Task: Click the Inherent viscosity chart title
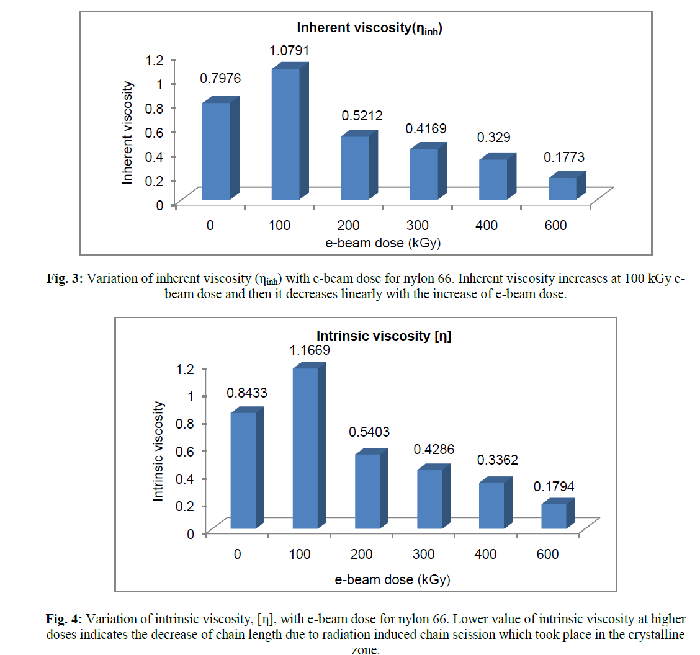pos(369,29)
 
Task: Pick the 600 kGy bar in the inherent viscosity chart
pos(562,189)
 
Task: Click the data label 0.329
pos(493,137)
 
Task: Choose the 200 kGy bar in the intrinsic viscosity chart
pos(367,491)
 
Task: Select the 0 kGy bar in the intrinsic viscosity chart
pos(243,471)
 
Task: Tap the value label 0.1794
pos(554,488)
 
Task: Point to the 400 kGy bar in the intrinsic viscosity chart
pos(491,506)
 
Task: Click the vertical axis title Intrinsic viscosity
pos(159,451)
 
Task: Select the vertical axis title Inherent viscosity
pos(128,133)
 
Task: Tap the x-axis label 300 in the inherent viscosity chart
pos(417,225)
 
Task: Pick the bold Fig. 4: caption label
pos(65,620)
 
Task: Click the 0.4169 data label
pos(426,129)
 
